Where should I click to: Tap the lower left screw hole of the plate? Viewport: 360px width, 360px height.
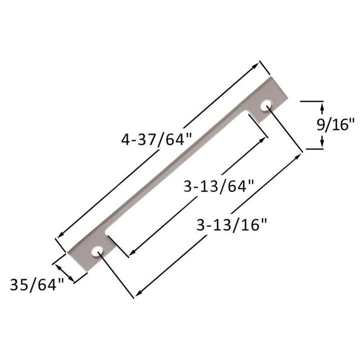(x=96, y=251)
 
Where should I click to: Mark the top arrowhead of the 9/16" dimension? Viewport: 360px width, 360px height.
(x=322, y=106)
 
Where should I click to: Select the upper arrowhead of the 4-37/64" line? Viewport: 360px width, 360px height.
(x=255, y=65)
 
